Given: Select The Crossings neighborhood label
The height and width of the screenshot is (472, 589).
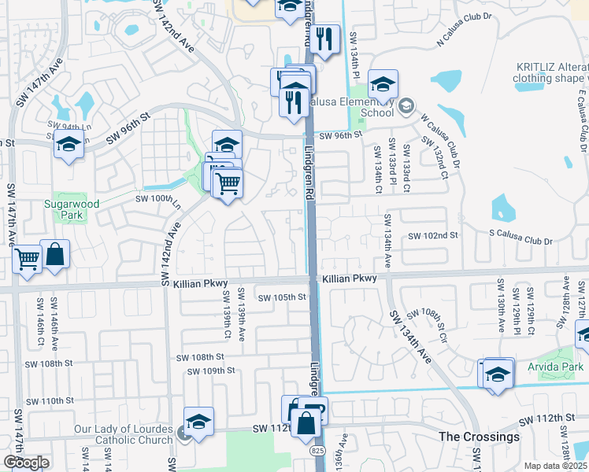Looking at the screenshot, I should click(x=479, y=437).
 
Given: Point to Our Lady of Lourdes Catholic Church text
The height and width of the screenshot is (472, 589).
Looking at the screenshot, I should click(x=124, y=434).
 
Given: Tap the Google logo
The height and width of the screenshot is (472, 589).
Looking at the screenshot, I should click(x=26, y=462).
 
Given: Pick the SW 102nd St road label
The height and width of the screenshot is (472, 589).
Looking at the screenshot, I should click(x=432, y=236).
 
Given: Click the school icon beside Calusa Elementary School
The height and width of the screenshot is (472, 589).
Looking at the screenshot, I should click(x=383, y=85).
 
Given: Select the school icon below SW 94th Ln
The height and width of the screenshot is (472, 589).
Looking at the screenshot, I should click(x=69, y=145).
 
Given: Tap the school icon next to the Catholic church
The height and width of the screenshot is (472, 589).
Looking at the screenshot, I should click(x=199, y=422).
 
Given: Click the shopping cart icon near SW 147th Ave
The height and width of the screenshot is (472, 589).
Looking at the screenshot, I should click(x=28, y=259).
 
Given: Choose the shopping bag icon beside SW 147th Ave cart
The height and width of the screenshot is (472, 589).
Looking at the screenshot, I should click(x=55, y=254).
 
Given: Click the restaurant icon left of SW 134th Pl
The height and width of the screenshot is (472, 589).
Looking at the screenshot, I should click(x=324, y=39).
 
